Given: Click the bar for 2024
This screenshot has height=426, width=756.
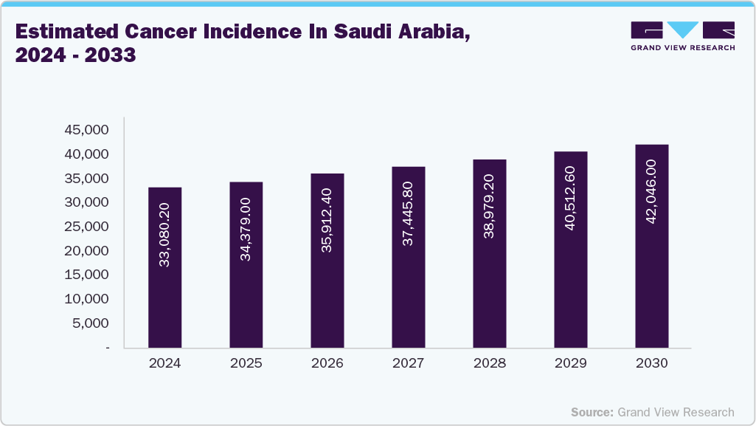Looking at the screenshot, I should (x=164, y=267).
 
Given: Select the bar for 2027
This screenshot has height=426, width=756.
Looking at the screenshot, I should (x=408, y=257).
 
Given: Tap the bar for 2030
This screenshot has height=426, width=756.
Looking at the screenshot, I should (x=651, y=246).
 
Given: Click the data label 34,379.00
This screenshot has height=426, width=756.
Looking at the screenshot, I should (x=246, y=229).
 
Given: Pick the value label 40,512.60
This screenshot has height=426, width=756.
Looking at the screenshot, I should (x=570, y=198).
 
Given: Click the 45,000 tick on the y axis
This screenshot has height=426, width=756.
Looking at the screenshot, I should (x=87, y=130).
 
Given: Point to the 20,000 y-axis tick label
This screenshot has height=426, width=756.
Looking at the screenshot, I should (x=87, y=251).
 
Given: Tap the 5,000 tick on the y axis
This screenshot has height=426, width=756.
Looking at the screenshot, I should (x=91, y=323).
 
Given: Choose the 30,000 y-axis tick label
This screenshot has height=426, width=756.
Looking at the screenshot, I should (x=87, y=202).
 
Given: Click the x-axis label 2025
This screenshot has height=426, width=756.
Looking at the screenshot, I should (x=246, y=363).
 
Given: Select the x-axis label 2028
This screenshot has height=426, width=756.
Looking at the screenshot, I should (x=489, y=363).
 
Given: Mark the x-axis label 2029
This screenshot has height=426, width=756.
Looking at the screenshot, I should (x=570, y=363).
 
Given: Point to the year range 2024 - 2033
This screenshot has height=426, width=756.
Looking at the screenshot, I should (x=75, y=55).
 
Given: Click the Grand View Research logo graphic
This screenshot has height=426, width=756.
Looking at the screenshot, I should (x=683, y=30).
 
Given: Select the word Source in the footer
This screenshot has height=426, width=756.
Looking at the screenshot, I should (x=592, y=412).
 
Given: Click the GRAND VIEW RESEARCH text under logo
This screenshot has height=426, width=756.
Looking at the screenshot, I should (x=683, y=47).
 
